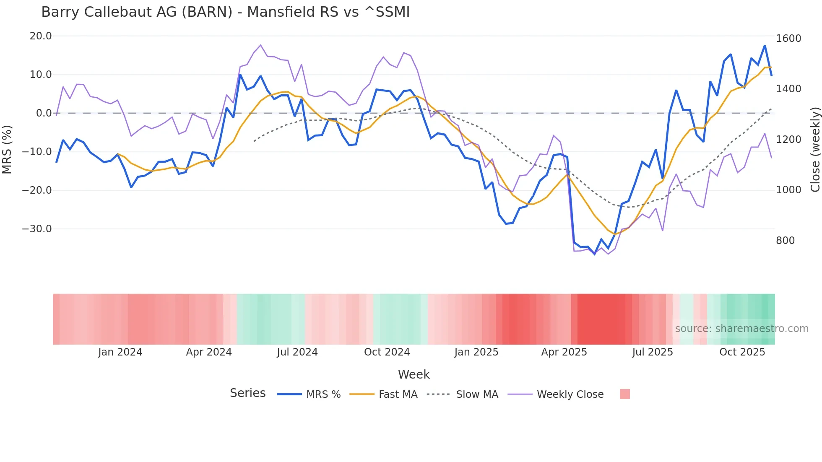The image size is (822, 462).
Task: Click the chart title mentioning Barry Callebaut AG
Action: (x=225, y=12)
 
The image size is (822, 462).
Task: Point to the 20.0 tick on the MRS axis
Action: (x=41, y=36)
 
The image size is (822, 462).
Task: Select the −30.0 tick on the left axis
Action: (x=37, y=229)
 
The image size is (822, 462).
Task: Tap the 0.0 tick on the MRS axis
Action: (x=44, y=113)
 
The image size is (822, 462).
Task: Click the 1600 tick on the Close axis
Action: (x=788, y=39)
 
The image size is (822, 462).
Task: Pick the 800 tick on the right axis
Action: (x=786, y=241)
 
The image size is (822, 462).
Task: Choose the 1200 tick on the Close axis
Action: (x=788, y=140)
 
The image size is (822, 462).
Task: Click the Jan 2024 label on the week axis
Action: (x=120, y=352)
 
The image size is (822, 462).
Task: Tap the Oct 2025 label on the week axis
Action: (x=742, y=352)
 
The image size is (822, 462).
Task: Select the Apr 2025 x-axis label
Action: (x=564, y=352)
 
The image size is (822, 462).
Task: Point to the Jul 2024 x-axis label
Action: (x=297, y=352)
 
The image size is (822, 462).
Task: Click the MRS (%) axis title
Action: (x=7, y=150)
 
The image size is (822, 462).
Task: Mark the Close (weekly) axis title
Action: (x=815, y=150)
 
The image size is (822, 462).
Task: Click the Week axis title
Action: (x=414, y=374)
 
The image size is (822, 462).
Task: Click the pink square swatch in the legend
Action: (x=625, y=394)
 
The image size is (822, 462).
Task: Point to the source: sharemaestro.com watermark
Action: (x=741, y=329)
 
